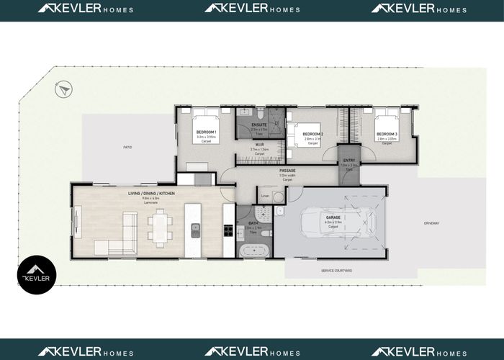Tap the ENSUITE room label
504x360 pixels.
(259, 125)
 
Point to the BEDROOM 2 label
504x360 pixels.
(312, 135)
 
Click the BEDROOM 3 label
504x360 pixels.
(387, 134)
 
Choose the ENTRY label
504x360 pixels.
(349, 161)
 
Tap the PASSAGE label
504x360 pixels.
(287, 171)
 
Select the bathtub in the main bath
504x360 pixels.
(253, 251)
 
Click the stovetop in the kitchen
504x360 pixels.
(228, 231)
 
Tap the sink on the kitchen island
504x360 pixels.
(195, 230)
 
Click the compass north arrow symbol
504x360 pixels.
(62, 89)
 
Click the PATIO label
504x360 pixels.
(127, 148)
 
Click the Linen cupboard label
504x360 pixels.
(264, 196)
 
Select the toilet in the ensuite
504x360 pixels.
(245, 113)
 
